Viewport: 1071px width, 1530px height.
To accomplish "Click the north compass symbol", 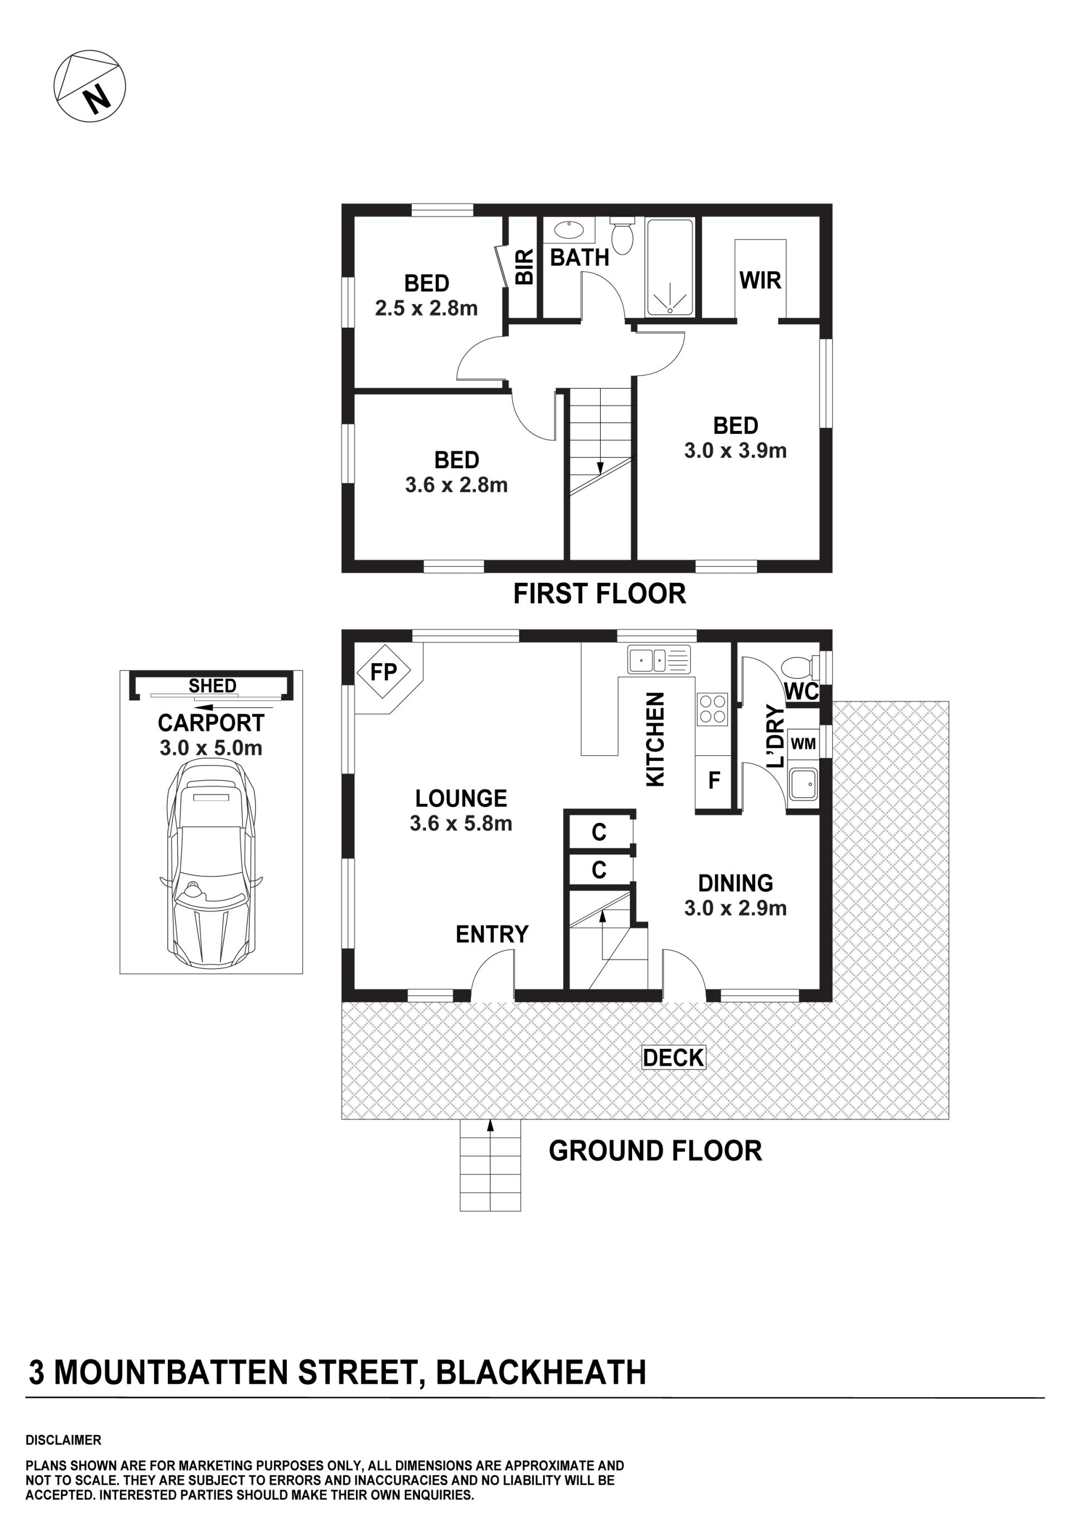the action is [89, 85].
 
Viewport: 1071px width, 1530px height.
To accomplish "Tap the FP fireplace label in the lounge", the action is [383, 672].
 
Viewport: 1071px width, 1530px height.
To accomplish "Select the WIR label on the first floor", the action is [760, 280].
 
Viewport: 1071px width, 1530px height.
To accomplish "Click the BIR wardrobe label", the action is [525, 267].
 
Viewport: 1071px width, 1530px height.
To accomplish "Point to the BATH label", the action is [580, 257].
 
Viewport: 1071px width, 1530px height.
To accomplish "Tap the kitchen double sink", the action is [659, 660].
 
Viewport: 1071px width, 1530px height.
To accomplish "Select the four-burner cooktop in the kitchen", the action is [712, 709].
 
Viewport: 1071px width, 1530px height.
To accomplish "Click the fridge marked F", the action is [714, 780].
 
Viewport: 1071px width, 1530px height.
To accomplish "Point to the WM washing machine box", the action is [803, 743].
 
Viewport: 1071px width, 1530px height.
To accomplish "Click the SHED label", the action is [213, 685].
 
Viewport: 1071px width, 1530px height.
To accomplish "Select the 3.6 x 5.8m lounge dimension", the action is [461, 824].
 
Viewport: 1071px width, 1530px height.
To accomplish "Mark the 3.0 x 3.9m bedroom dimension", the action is [735, 450].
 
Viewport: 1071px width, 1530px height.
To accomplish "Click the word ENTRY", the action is [492, 934].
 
